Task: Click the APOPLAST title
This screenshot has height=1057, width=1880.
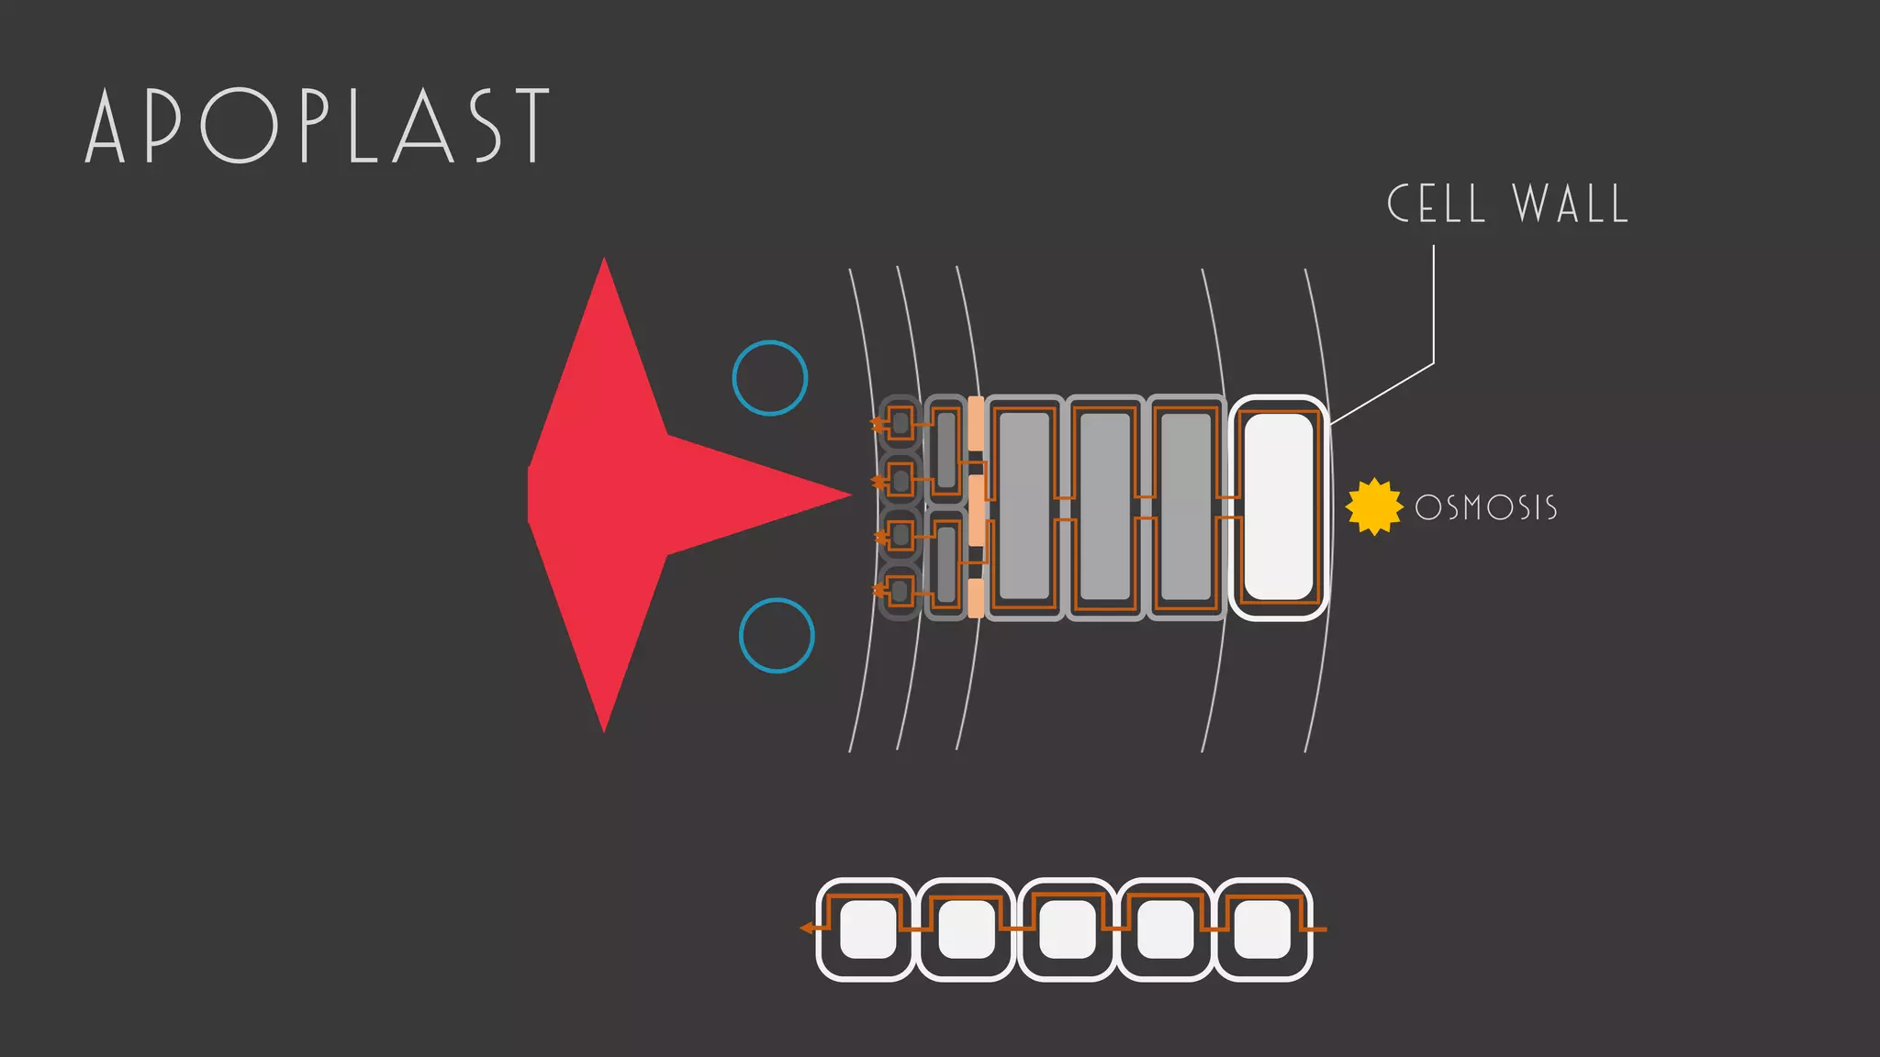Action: pos(318,126)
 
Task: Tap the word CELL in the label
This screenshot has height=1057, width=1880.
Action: pos(1436,204)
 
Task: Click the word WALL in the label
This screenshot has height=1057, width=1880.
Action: pos(1571,204)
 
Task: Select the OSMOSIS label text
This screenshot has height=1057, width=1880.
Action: pos(1486,507)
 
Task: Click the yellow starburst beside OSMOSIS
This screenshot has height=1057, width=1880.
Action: pos(1374,506)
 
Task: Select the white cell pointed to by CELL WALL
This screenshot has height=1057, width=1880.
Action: pos(1278,507)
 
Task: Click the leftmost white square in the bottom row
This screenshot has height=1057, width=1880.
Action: pos(867,929)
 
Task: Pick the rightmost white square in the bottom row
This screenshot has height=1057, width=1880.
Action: pos(1262,929)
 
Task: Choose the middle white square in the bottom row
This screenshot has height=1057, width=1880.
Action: pos(1067,929)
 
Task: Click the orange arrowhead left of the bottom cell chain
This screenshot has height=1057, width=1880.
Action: pos(807,929)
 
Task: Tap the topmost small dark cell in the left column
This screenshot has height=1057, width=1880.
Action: pos(900,423)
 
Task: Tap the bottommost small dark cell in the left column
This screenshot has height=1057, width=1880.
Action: pos(900,592)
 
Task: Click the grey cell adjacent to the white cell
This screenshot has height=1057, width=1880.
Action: pos(1185,507)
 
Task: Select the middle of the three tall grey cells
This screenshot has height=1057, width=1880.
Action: pos(1105,507)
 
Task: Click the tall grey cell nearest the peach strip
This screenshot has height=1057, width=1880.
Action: pos(1024,507)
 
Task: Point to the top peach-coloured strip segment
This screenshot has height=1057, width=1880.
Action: pos(976,423)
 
